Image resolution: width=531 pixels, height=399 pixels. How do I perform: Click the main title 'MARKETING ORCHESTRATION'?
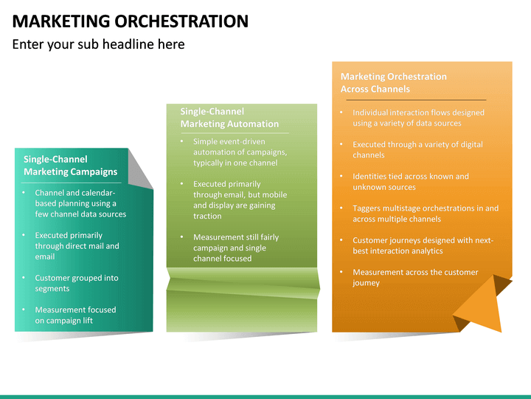(130, 21)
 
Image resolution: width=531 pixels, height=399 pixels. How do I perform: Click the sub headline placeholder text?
(98, 44)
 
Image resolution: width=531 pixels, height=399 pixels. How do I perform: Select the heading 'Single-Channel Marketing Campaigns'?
(70, 166)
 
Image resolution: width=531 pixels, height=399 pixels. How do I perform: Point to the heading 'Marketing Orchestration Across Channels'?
(394, 82)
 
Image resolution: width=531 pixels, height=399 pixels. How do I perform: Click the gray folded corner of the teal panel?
(140, 168)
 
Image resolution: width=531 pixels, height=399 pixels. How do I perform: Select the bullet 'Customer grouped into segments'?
(76, 283)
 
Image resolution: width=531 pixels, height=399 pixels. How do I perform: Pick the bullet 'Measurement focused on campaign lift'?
(75, 315)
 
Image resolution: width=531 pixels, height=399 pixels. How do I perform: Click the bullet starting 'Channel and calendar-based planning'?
(80, 203)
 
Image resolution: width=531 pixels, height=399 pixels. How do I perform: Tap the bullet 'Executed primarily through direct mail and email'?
(77, 246)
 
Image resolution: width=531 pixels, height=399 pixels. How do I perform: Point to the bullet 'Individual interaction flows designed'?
(418, 117)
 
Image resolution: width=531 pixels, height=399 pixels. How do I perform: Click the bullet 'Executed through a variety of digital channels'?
(417, 149)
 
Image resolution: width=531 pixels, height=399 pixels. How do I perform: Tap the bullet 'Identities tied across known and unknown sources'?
(410, 182)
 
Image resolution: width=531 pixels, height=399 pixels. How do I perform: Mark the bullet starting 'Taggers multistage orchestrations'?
(425, 214)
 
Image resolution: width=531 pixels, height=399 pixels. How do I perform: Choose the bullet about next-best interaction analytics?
(423, 245)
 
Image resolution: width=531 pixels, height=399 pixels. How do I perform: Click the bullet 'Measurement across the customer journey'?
(414, 277)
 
